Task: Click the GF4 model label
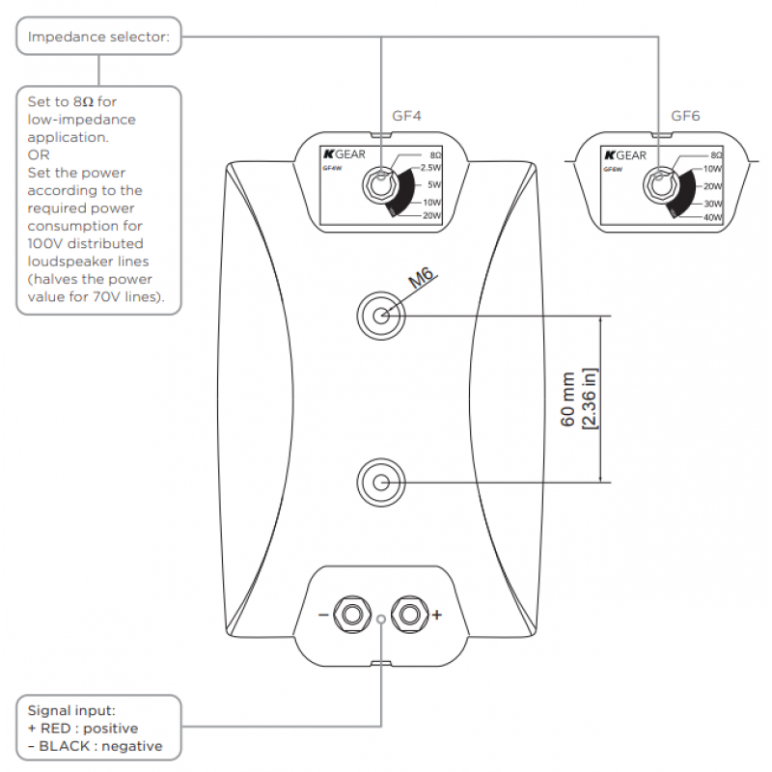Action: click(406, 116)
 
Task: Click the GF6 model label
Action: click(685, 116)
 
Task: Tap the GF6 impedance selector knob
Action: click(661, 183)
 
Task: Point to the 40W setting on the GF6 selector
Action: click(713, 217)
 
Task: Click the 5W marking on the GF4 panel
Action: click(434, 184)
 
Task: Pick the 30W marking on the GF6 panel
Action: click(713, 203)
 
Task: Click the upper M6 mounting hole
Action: click(378, 316)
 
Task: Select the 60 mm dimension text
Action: click(568, 398)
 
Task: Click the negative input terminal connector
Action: click(349, 614)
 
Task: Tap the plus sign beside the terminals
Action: click(437, 615)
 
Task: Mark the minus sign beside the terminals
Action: click(323, 615)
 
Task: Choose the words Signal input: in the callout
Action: click(71, 710)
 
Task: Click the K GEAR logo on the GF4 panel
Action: click(339, 154)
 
